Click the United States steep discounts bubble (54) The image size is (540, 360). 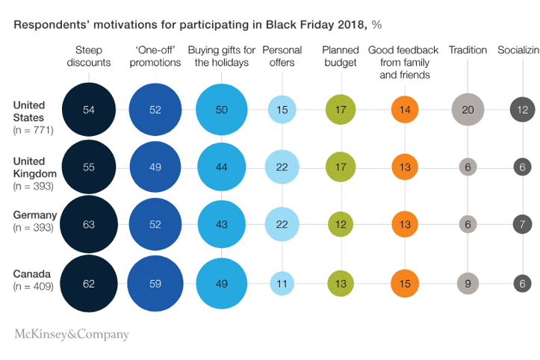click(89, 110)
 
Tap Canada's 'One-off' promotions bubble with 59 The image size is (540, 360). click(155, 283)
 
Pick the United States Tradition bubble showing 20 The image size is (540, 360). click(468, 110)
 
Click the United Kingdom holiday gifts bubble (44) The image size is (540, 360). click(222, 167)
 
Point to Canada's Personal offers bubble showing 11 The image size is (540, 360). click(282, 283)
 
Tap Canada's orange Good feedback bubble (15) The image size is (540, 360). click(403, 283)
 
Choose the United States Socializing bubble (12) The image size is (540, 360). click(523, 110)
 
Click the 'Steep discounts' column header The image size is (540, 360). click(88, 57)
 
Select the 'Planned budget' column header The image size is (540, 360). click(341, 57)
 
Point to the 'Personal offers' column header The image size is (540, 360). click(282, 57)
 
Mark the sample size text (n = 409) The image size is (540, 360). click(34, 285)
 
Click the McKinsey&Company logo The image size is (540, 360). click(72, 334)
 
